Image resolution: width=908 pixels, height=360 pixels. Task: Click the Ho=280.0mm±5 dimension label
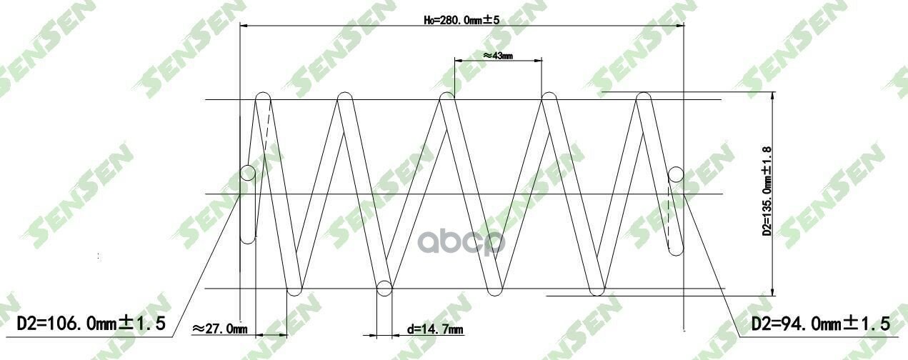click(462, 20)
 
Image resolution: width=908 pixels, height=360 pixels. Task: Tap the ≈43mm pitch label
click(498, 56)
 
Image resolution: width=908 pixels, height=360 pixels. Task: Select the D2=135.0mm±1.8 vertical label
click(767, 191)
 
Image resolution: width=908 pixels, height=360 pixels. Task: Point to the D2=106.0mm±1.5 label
click(91, 324)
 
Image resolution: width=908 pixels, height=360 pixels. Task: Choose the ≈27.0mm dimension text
click(219, 329)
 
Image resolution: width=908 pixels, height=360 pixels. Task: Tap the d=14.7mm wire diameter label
click(435, 329)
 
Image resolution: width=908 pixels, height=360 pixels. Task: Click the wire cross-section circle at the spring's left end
click(248, 173)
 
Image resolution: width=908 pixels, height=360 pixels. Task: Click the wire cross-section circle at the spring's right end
click(676, 175)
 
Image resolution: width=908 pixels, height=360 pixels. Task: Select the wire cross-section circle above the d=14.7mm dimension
click(384, 289)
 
